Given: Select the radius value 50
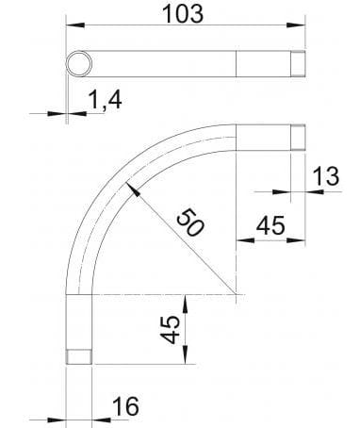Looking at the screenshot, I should pos(189,224).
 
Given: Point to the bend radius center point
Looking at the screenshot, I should pos(236,296).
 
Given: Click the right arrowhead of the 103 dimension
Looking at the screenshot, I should pos(303,29).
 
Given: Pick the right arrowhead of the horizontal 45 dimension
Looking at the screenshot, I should pos(301,239).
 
